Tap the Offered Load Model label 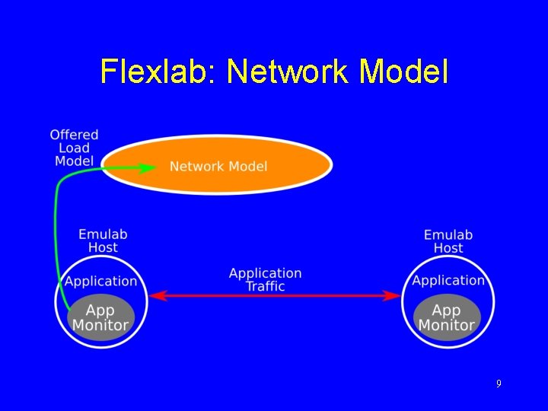tap(75, 148)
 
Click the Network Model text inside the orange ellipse tap(218, 167)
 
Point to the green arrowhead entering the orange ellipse tap(151, 167)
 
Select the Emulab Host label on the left tap(103, 241)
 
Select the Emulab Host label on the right tap(448, 241)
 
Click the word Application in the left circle tap(101, 281)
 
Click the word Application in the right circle tap(448, 281)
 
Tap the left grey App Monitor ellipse tap(100, 317)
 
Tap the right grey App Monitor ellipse tap(447, 317)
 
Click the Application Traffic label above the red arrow tap(266, 279)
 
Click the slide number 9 tap(499, 384)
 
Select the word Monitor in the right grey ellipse tap(447, 325)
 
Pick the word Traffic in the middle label tap(266, 286)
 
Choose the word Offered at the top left tap(75, 135)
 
